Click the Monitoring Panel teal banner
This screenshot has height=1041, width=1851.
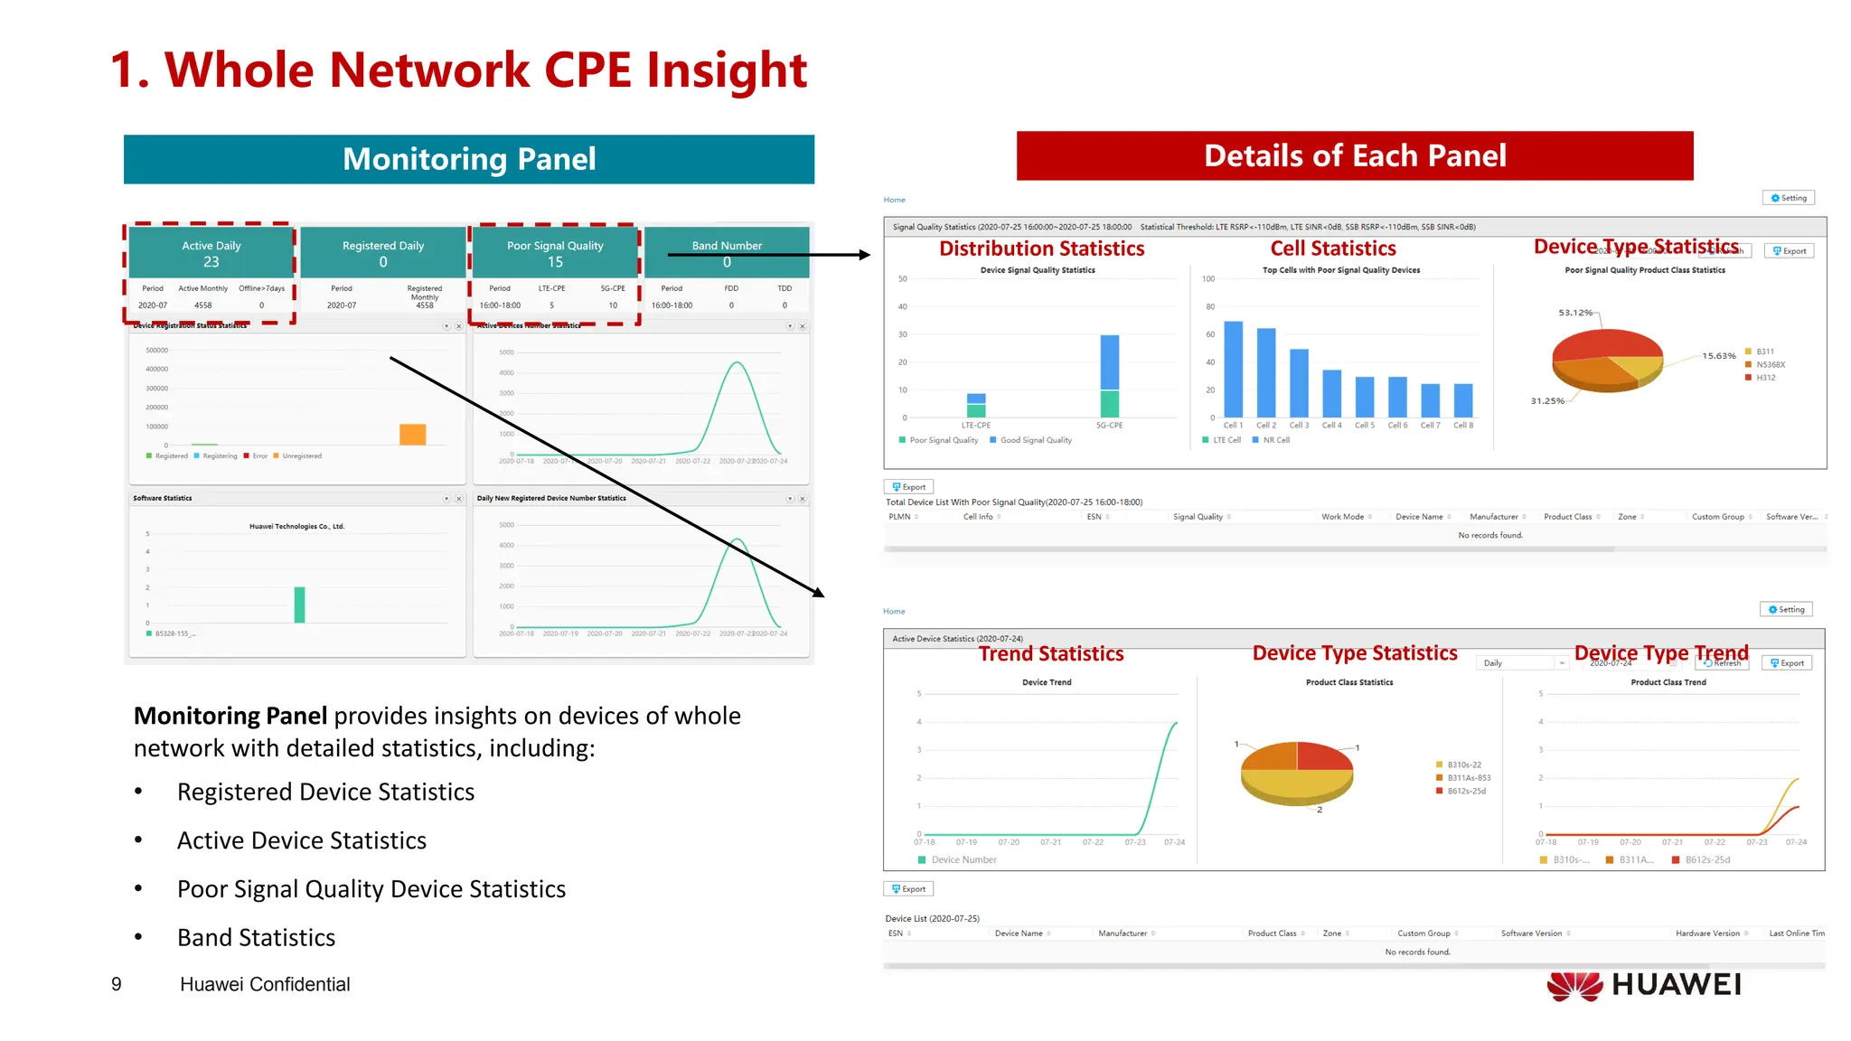point(468,159)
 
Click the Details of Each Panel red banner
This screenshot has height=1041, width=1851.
point(1354,155)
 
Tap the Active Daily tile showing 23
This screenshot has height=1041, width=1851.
point(211,253)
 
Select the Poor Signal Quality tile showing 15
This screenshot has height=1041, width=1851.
point(555,253)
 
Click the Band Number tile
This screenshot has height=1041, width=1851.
point(727,253)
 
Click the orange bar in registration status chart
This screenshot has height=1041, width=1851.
point(412,435)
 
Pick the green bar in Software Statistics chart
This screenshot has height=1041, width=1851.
point(299,605)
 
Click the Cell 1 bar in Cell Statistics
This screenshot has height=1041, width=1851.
point(1233,369)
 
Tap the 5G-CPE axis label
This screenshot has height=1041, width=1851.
point(1109,425)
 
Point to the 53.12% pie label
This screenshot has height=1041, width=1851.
point(1574,313)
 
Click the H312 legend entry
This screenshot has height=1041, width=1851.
point(1765,378)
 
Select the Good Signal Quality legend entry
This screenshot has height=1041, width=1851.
point(1035,440)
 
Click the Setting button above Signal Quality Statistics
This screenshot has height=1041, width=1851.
point(1788,198)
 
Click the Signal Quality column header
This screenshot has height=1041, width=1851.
point(1198,517)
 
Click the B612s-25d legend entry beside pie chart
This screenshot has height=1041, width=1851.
point(1465,791)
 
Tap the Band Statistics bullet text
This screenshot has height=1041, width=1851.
point(256,938)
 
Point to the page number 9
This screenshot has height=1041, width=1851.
point(116,984)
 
